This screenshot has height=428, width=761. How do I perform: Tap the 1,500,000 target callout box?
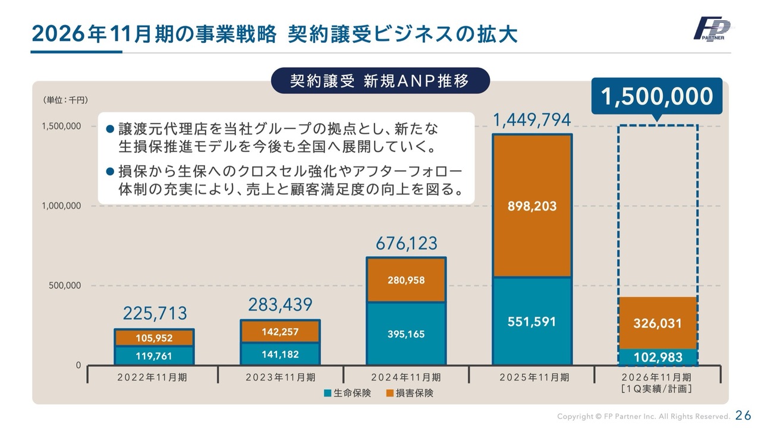coord(657,96)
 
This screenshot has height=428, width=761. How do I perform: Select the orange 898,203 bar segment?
coord(532,206)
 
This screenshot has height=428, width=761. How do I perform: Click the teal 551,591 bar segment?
coord(532,321)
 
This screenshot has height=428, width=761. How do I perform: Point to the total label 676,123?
coord(407,243)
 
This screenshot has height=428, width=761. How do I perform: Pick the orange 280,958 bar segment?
coord(407,279)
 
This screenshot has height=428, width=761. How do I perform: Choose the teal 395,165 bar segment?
coord(407,333)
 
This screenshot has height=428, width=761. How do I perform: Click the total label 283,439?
coord(281,305)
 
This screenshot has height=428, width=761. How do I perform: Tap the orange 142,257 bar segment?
coord(281,332)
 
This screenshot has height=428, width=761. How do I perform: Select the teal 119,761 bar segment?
coord(155,355)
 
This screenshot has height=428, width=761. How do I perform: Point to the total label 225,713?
coord(155,313)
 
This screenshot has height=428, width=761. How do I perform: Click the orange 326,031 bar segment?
coord(658,323)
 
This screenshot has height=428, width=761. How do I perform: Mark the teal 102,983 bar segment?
coord(658,357)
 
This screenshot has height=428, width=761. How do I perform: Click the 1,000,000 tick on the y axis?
coord(61,206)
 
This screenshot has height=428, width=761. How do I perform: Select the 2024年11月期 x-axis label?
coord(406,377)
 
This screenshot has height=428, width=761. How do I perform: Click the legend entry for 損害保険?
coord(410,393)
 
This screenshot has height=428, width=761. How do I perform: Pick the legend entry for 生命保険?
coord(348,393)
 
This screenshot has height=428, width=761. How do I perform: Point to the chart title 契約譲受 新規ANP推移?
coord(380,80)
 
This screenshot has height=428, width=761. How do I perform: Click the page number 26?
coord(743,415)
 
